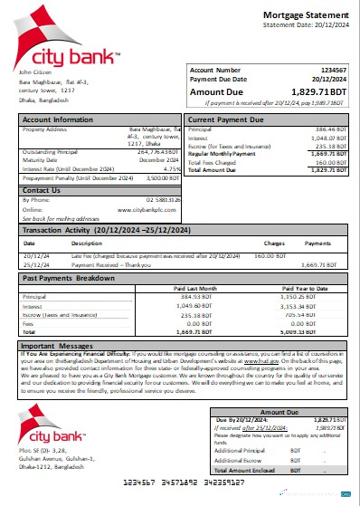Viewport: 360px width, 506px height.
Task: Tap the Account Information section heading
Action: [x=58, y=119]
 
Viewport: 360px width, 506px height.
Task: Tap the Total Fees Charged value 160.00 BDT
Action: [x=328, y=164]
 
